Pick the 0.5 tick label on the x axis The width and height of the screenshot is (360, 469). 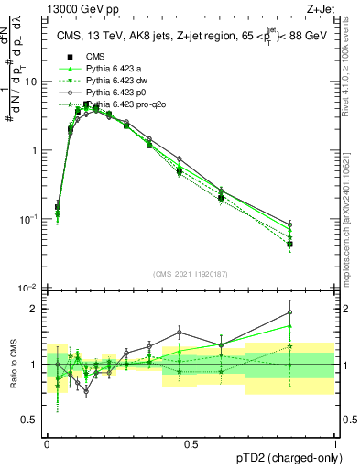pyautogui.click(x=191, y=443)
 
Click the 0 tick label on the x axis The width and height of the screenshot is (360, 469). pyautogui.click(x=47, y=443)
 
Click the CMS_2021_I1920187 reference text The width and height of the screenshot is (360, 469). pyautogui.click(x=191, y=274)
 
